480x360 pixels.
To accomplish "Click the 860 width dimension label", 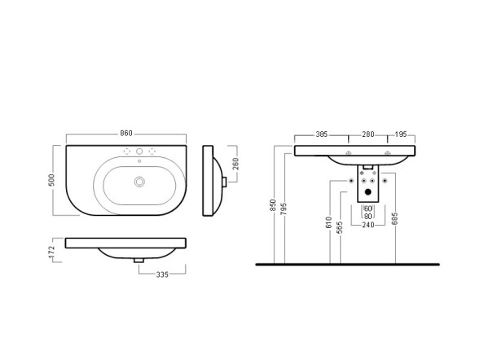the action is (x=126, y=134).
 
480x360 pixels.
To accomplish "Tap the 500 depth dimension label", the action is (x=51, y=180).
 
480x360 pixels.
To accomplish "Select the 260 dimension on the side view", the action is (x=235, y=164).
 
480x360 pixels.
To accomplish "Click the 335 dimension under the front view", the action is (x=162, y=274).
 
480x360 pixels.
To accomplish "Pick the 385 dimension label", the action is (x=322, y=134).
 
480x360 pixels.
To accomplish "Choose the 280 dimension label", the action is (x=368, y=134).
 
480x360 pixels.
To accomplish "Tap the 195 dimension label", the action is (x=401, y=134).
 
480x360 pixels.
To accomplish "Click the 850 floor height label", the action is (x=272, y=205).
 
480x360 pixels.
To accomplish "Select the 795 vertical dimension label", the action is (x=284, y=209).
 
